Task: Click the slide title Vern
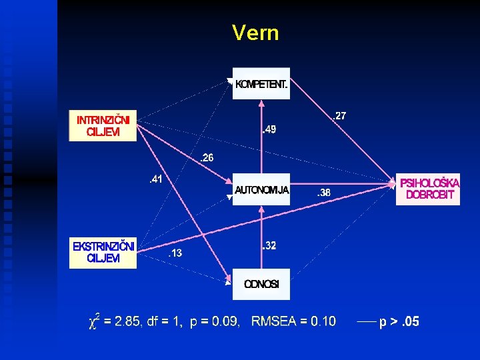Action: point(255,33)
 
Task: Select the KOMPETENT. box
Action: point(261,84)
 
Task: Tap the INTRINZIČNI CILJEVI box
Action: point(103,125)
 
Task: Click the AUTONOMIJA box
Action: point(261,190)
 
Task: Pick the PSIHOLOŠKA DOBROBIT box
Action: point(428,189)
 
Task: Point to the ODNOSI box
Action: point(261,284)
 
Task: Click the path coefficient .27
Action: point(339,116)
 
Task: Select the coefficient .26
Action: point(207,158)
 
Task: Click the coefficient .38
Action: point(323,193)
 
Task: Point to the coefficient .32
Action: point(269,246)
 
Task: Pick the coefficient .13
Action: point(174,253)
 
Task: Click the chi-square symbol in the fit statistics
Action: point(95,321)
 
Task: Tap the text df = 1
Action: point(165,322)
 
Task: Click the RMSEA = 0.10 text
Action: point(293,322)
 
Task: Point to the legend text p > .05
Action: point(399,322)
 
